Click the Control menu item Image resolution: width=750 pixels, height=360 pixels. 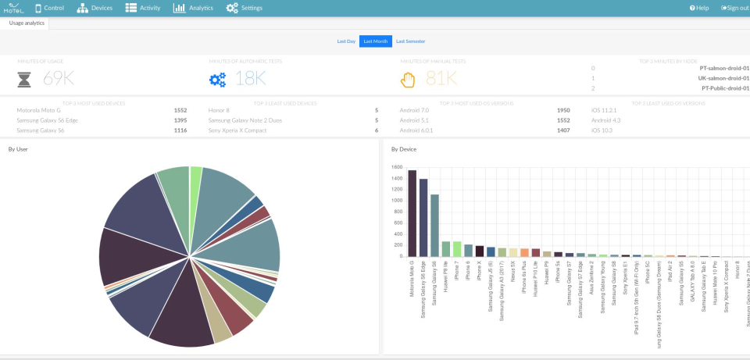[48, 8]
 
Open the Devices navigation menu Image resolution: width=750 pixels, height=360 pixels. [95, 8]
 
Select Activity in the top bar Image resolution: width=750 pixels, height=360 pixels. [142, 8]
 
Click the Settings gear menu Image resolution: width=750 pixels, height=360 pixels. [244, 8]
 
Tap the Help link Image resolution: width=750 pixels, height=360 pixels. [699, 8]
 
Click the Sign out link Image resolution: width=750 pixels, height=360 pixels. [735, 8]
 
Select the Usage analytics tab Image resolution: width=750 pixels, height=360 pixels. [27, 23]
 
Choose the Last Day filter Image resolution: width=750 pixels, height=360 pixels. [346, 41]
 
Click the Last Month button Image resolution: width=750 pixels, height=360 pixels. [375, 41]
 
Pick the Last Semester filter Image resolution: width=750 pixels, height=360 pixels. [410, 41]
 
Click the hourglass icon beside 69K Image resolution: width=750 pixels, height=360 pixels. [24, 79]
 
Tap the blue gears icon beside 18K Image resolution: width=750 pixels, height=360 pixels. [217, 79]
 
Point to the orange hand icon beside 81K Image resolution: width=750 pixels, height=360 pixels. [408, 79]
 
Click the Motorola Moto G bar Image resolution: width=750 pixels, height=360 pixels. [412, 213]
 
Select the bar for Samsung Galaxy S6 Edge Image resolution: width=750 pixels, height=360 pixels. [423, 218]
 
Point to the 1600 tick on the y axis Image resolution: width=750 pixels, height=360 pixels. [396, 167]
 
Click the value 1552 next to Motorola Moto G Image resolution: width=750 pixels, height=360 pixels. [180, 110]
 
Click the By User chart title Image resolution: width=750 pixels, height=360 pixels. [18, 148]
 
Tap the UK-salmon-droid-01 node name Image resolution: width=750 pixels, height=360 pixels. [724, 78]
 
